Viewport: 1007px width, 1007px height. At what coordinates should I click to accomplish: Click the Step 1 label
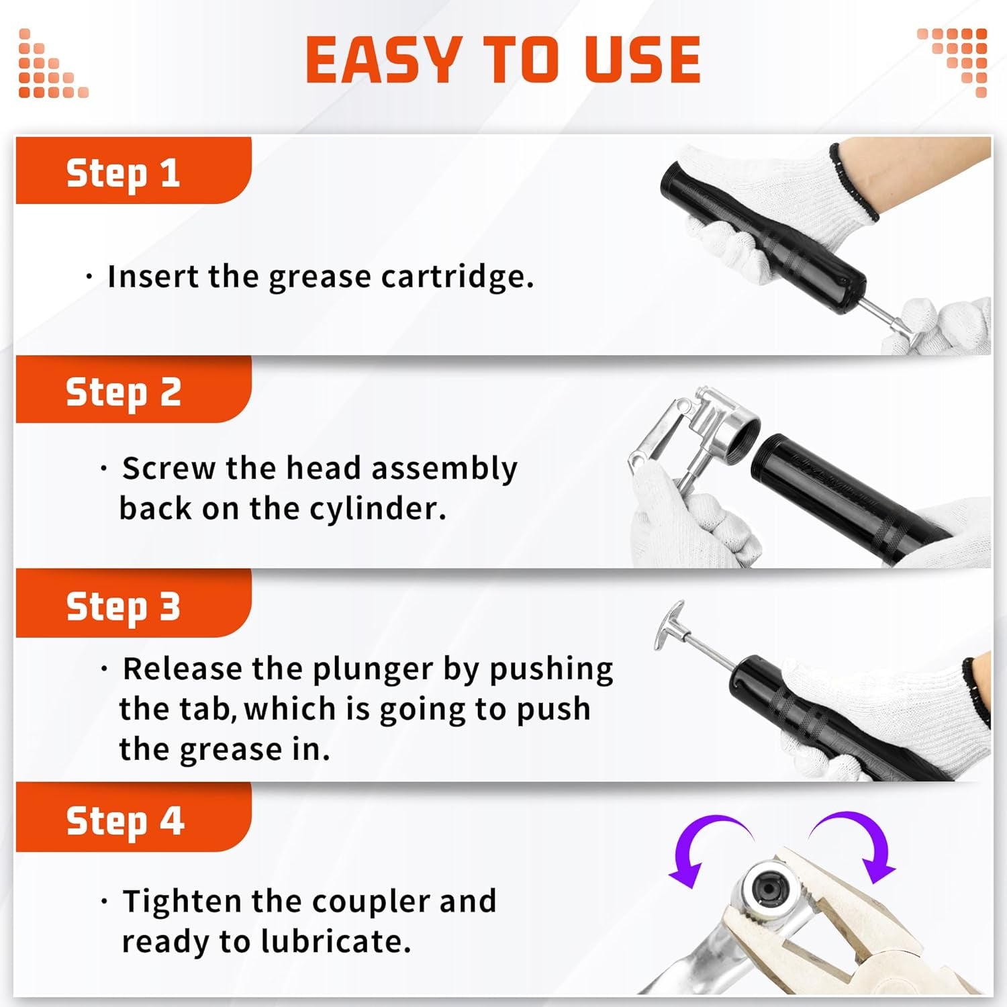(123, 173)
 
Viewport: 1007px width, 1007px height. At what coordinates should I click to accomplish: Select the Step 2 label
(123, 392)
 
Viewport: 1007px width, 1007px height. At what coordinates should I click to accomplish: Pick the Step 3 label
(123, 607)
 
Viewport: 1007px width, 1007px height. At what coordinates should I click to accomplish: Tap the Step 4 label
(124, 821)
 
